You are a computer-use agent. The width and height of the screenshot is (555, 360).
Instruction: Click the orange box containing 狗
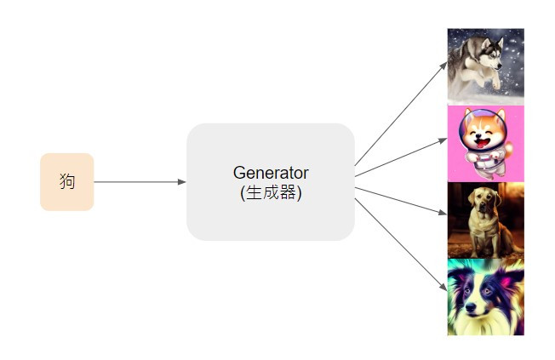pos(66,181)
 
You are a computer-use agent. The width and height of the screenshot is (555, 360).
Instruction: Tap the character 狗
pos(67,181)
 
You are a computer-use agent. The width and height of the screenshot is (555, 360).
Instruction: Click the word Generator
pos(271,173)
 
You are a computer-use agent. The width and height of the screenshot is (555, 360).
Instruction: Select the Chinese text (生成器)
pos(271,192)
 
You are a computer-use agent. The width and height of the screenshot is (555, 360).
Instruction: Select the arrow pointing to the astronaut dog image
pos(400,157)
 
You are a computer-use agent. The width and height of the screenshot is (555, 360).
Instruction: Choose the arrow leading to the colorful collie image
pos(400,241)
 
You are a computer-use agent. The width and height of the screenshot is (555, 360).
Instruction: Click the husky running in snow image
pos(485,65)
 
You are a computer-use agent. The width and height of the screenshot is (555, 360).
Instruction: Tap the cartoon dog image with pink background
pos(485,143)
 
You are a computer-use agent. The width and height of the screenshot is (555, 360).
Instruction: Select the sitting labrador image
pos(485,220)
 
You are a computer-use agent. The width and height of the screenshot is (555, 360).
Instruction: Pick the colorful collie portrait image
pos(485,297)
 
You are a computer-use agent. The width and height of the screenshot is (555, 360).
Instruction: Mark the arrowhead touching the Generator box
pos(181,181)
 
